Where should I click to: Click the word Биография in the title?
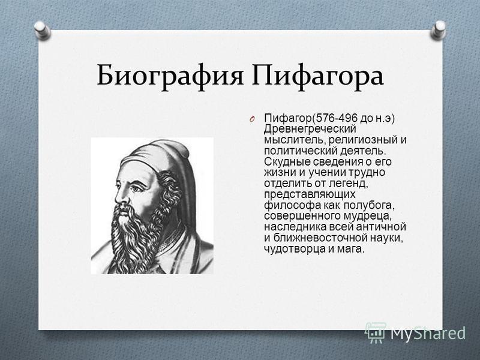170,76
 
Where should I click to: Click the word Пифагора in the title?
317,76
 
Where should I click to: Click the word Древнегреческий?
310,129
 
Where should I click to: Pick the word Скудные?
284,161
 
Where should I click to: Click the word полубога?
368,205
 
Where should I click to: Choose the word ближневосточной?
319,238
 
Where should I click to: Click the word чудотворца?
295,249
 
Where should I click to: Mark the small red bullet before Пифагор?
251,119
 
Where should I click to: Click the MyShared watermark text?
428,333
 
